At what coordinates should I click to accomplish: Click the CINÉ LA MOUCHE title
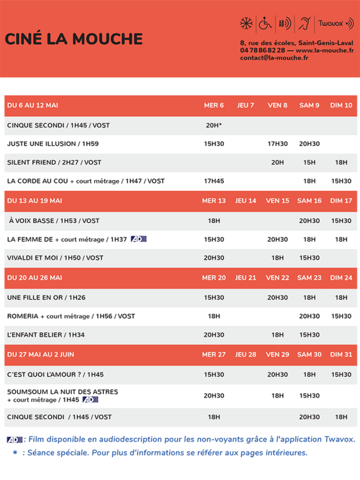74,39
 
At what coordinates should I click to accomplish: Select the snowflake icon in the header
246,23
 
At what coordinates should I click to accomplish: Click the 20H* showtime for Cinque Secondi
214,125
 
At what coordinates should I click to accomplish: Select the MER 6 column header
214,105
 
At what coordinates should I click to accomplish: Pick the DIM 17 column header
341,201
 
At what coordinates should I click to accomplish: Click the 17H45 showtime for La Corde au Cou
214,181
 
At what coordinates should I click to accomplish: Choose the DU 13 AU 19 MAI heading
35,201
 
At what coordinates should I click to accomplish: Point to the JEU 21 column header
246,277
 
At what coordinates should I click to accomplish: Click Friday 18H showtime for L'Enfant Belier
277,335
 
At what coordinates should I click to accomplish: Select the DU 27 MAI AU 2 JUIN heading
40,354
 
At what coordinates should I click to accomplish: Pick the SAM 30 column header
309,354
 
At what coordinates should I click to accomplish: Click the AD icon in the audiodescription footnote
15,440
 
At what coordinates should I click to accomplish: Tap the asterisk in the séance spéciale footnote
15,453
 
